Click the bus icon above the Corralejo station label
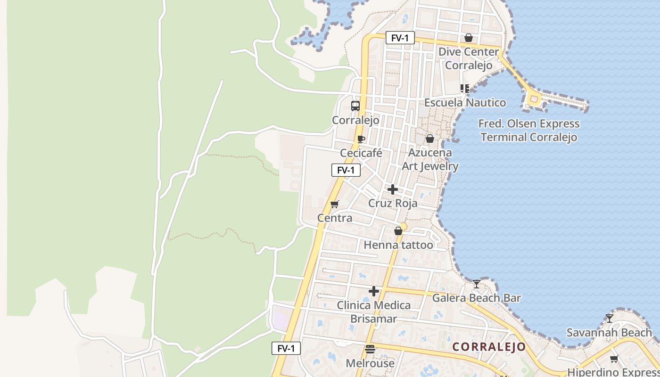pos(355,106)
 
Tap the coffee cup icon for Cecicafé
pos(361,139)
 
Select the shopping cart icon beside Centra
pos(335,204)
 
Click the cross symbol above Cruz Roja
pos(392,189)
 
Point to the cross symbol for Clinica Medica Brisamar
pos(374,291)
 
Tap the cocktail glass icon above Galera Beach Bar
pos(477,284)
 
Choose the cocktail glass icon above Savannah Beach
pos(610,319)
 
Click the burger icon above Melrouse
pos(370,349)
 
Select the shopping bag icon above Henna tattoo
pos(398,231)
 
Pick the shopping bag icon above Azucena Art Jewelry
pos(430,139)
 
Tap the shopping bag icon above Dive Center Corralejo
pos(469,38)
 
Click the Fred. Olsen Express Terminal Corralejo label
pos(528,131)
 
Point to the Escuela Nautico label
pos(465,103)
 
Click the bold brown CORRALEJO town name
pos(489,347)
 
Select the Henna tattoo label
pos(398,245)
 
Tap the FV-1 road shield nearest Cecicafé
pos(346,170)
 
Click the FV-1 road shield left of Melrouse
pos(286,348)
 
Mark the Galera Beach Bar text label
pos(477,298)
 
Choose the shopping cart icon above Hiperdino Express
pos(614,359)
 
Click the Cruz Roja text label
pos(393,204)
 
